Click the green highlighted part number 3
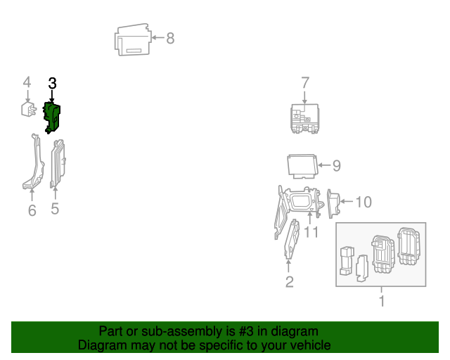[53, 117]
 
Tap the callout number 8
[169, 38]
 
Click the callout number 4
[27, 84]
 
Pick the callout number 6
[32, 210]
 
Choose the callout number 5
[55, 209]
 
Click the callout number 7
[305, 83]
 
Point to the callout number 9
[336, 166]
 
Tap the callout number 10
[363, 202]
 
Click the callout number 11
[311, 231]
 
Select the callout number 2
[289, 282]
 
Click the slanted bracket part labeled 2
[290, 239]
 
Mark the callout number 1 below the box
[382, 302]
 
